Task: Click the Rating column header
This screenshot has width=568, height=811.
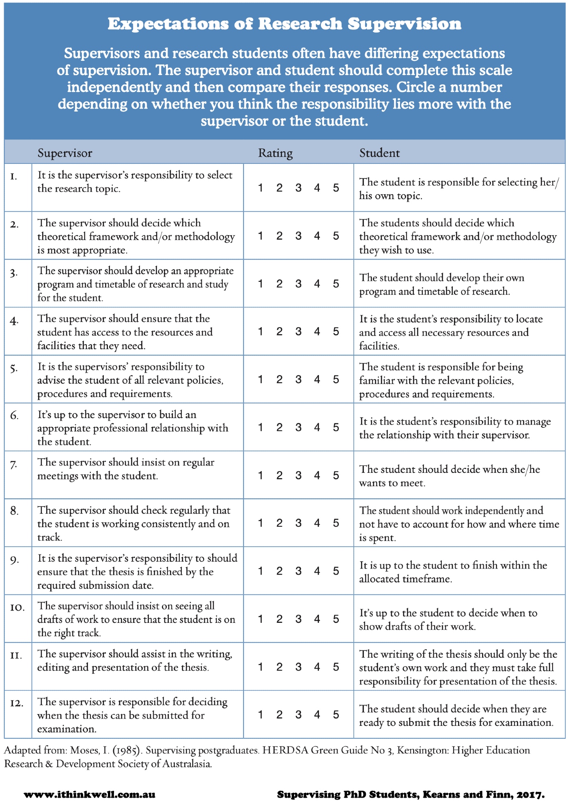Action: [275, 153]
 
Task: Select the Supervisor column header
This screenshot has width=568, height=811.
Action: [65, 153]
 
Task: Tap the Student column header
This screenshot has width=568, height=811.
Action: [379, 153]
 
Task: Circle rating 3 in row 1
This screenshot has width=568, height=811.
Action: [298, 188]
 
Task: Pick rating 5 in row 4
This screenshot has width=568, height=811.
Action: [336, 332]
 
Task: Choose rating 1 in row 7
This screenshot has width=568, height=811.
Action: [260, 475]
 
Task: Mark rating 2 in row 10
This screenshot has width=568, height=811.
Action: [279, 619]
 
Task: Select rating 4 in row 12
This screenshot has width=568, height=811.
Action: [317, 715]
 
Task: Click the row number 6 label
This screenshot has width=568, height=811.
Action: [14, 416]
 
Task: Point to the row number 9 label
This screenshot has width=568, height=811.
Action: [14, 560]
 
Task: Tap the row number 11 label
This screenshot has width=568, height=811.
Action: [16, 655]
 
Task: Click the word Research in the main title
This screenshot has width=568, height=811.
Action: [300, 24]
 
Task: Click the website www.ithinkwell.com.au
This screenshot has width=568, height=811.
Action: [90, 794]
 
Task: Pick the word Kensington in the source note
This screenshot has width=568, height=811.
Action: [423, 751]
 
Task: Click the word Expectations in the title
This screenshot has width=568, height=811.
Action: [168, 24]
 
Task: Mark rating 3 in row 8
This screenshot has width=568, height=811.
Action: [298, 523]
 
